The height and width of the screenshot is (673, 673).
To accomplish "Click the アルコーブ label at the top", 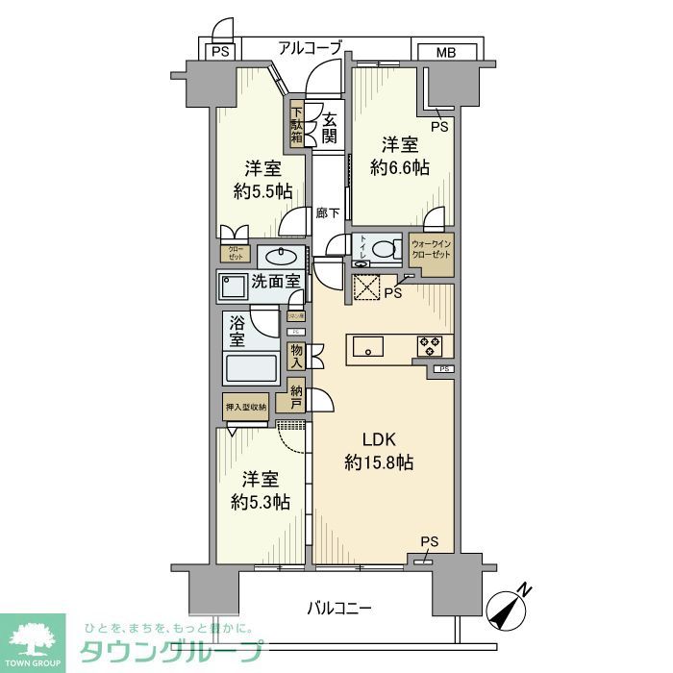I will pos(311,47).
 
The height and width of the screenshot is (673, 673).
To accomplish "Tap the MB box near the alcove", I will pos(445,51).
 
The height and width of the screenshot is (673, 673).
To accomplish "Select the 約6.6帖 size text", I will pos(400,166).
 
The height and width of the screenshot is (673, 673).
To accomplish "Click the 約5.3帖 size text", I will pos(260,501).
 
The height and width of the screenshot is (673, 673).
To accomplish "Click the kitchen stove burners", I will pos(429,345).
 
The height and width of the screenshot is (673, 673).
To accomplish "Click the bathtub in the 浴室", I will pos(250,367).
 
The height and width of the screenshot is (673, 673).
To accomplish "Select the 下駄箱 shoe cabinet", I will pos(297,124).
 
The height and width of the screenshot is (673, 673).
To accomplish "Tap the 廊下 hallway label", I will pos(327,213).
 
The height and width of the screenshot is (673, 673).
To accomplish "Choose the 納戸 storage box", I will pos(296,398).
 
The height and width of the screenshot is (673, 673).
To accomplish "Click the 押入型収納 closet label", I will pos(245,407).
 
